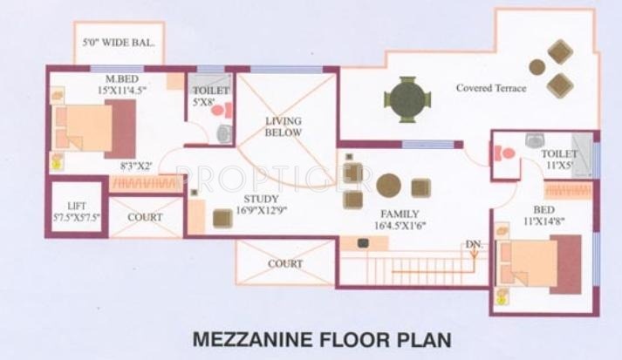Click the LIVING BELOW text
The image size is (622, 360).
(284, 126)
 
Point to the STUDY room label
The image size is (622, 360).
(261, 199)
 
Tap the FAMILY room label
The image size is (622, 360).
(400, 214)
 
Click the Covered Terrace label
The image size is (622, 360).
(490, 88)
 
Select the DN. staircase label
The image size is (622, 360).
(475, 245)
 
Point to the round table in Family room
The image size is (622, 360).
(388, 186)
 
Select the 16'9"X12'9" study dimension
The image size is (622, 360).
(261, 210)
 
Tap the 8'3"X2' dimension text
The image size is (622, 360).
(135, 166)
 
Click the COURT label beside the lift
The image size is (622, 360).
(145, 217)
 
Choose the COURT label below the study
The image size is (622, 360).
(285, 263)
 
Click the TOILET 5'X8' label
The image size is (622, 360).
(210, 95)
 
